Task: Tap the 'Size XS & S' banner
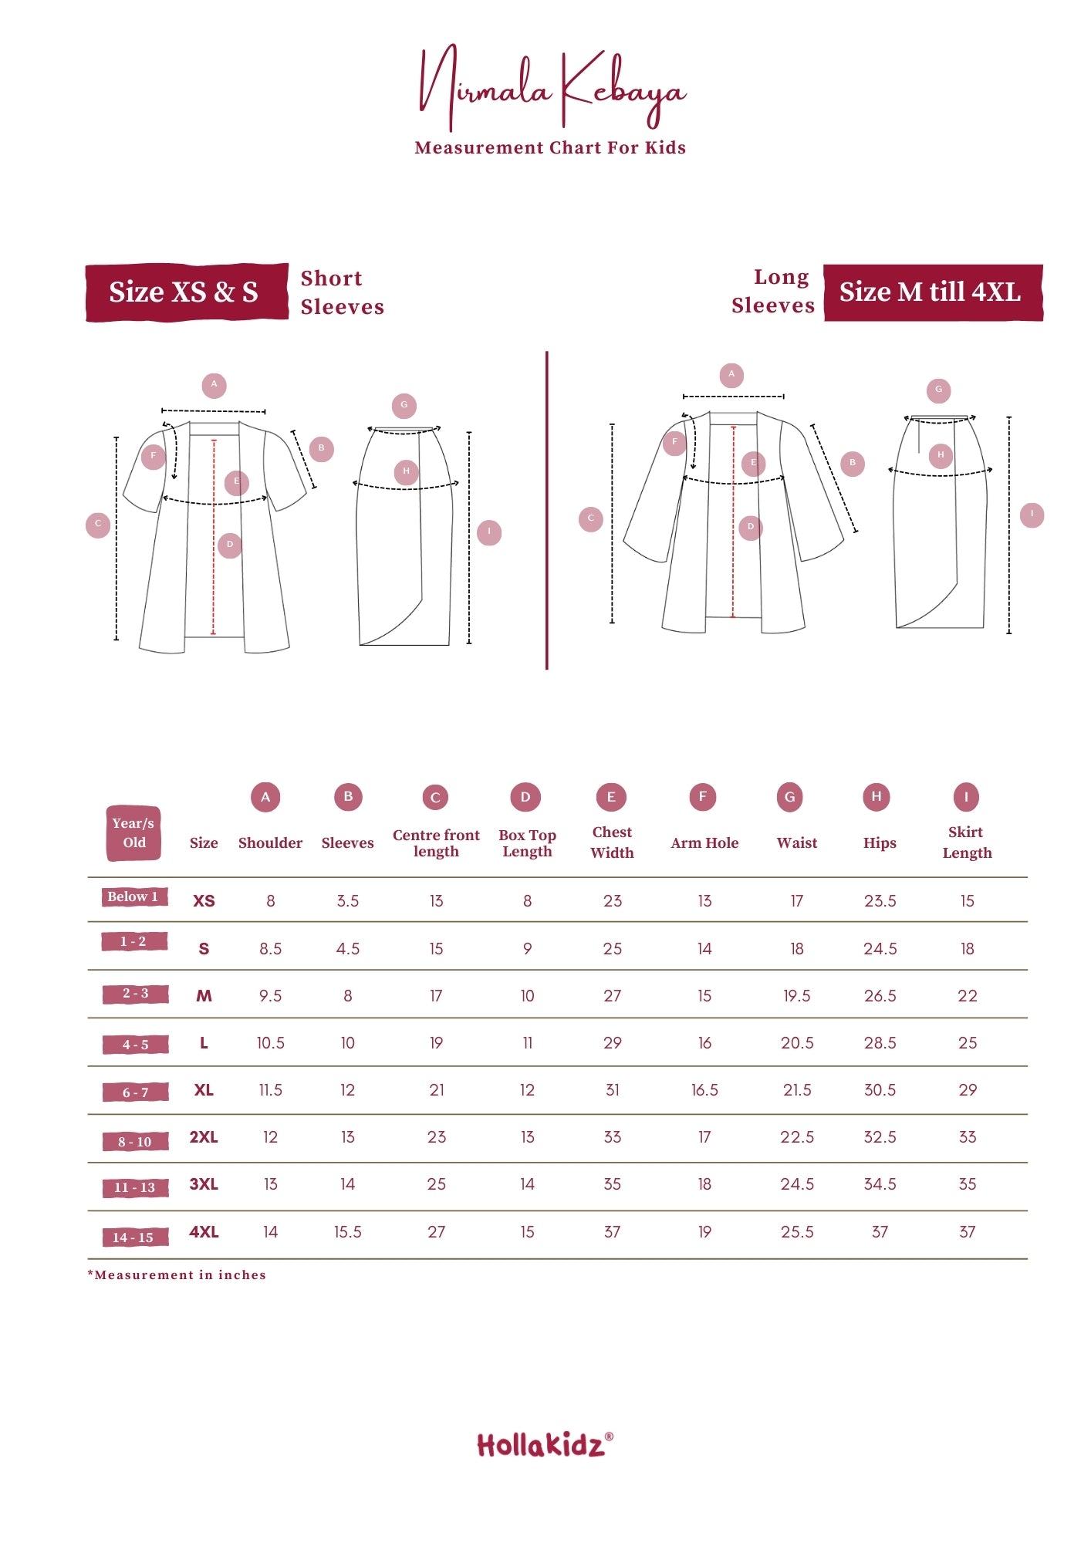point(187,292)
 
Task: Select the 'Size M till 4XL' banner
point(933,292)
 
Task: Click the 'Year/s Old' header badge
point(133,833)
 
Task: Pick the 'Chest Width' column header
point(612,842)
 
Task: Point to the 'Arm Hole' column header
point(704,843)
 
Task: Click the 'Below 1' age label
point(133,896)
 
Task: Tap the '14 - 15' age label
point(134,1237)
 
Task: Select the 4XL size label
point(204,1232)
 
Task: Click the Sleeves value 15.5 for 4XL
point(347,1232)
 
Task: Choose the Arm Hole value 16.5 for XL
point(704,1090)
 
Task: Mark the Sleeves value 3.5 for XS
point(347,901)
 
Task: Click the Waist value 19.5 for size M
point(797,996)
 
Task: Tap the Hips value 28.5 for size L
point(880,1043)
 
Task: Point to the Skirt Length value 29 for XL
point(968,1090)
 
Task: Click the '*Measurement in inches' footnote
point(177,1275)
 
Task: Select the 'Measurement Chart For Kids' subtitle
point(550,147)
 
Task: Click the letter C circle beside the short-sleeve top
point(98,525)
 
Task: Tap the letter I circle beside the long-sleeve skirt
point(1032,515)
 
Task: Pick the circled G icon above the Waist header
point(789,797)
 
